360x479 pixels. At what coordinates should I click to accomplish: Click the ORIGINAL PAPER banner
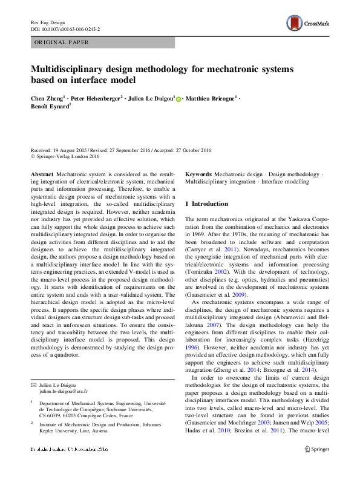61,42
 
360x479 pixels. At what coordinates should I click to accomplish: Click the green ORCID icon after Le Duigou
178,99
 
